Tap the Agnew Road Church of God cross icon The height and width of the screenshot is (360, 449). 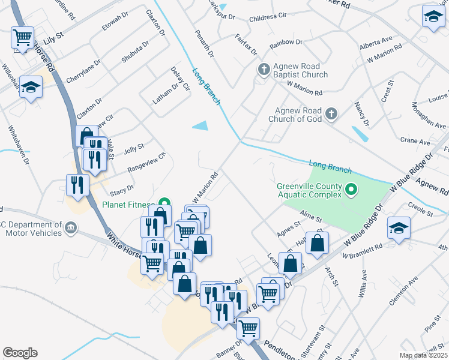coord(331,113)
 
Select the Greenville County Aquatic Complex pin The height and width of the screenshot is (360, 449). coord(352,191)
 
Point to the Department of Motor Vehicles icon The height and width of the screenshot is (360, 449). coord(71,228)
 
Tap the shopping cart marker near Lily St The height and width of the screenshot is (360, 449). coord(22,38)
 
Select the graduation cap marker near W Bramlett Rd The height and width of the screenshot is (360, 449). coord(398,229)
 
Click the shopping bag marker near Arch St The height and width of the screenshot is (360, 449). coord(318,242)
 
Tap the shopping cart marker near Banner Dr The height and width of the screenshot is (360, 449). coord(248,328)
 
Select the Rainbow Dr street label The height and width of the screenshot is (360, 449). coord(286,43)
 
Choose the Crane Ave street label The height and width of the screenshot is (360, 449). coord(415,142)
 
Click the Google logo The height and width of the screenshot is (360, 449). coord(20,353)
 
